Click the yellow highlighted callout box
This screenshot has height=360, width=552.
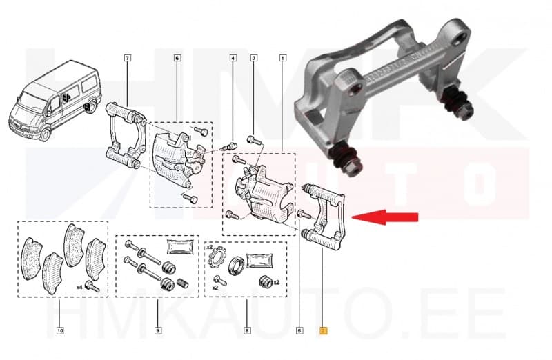322,331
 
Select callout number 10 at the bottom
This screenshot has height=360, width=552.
61,331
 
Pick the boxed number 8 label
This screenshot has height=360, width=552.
246,331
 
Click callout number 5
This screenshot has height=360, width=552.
299,331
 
